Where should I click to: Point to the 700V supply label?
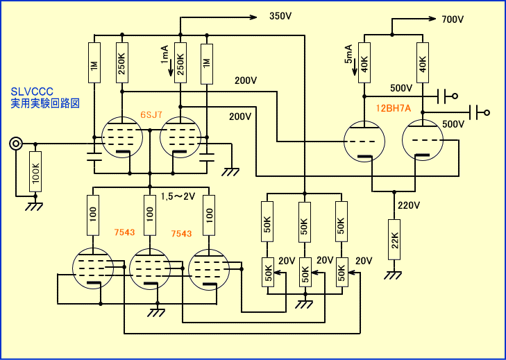click(x=452, y=19)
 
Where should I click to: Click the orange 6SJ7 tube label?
click(x=151, y=114)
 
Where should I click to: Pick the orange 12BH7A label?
click(x=394, y=109)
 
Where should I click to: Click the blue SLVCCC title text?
click(x=32, y=92)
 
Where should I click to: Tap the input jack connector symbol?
click(x=15, y=144)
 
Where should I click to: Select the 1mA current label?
click(x=165, y=55)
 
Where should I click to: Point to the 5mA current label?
click(x=349, y=53)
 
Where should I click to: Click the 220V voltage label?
click(x=409, y=205)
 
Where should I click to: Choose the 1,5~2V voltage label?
click(x=178, y=197)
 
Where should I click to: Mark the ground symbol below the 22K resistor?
click(x=394, y=275)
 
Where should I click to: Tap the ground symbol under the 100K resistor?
click(x=32, y=205)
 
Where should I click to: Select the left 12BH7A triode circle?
click(x=366, y=142)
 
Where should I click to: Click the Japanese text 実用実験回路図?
click(x=45, y=103)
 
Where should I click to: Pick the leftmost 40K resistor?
click(x=365, y=64)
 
